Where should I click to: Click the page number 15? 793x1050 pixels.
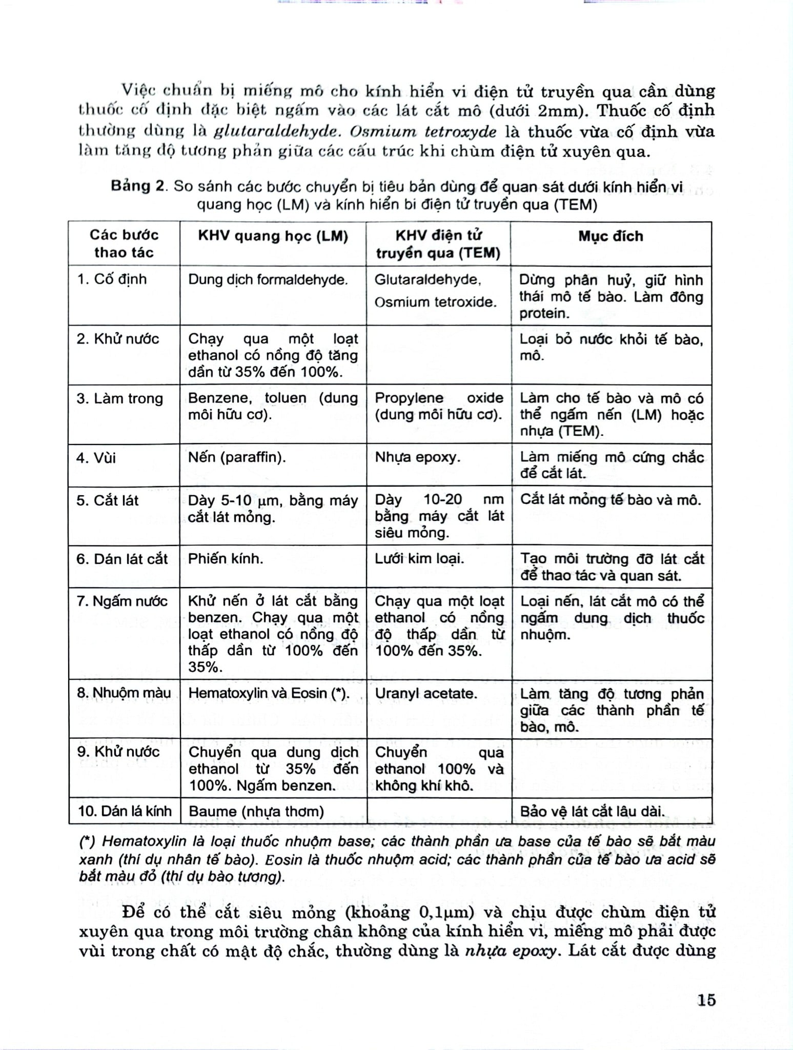coord(706,1000)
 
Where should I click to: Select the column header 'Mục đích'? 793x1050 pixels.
coord(611,236)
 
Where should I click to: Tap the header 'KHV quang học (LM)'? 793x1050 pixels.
coord(273,236)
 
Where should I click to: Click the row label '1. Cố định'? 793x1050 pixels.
coord(112,279)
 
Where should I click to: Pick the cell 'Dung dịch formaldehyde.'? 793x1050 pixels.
coord(268,280)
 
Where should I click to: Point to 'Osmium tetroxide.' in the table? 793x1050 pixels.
coord(436,302)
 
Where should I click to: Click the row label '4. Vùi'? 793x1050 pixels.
coord(96,457)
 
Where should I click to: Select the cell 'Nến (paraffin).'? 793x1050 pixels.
coord(237,457)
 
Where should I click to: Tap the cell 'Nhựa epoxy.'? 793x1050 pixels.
coord(417,457)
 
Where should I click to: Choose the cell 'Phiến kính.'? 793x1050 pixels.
coord(226,559)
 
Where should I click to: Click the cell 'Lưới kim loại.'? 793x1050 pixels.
coord(419,559)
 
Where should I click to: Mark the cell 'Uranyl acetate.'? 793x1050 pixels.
coord(426,694)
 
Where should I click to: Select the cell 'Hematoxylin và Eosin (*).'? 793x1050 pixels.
coord(269,694)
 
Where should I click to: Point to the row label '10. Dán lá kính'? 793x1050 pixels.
coord(125,811)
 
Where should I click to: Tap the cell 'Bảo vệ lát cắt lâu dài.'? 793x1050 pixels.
coord(592,811)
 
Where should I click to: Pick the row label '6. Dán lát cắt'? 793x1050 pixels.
coord(122,559)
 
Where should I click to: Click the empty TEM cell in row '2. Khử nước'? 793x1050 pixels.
coord(439,355)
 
